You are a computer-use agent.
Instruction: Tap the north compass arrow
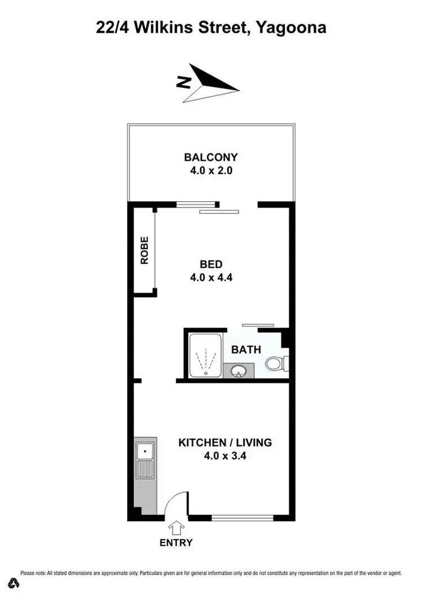(x=210, y=82)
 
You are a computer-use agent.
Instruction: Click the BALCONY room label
(x=211, y=157)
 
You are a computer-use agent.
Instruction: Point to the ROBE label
(x=144, y=250)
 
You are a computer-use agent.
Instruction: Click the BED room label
(x=211, y=264)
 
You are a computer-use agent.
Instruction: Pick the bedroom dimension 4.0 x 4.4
(x=211, y=277)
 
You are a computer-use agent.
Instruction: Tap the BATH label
(x=246, y=350)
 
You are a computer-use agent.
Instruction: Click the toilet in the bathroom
(x=275, y=363)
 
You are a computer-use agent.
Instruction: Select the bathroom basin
(x=239, y=371)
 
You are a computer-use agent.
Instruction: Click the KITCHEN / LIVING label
(x=225, y=443)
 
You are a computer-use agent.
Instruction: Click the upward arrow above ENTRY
(x=177, y=528)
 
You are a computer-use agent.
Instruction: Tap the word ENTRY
(x=176, y=543)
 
